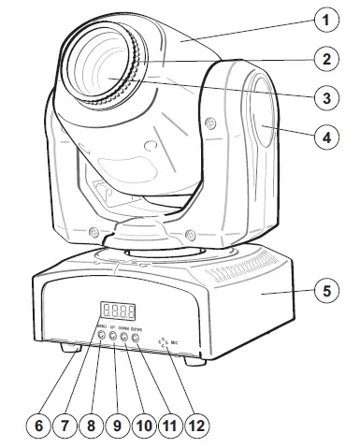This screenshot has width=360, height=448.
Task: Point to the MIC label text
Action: coord(174,343)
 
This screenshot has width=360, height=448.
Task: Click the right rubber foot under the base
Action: coord(193,361)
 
